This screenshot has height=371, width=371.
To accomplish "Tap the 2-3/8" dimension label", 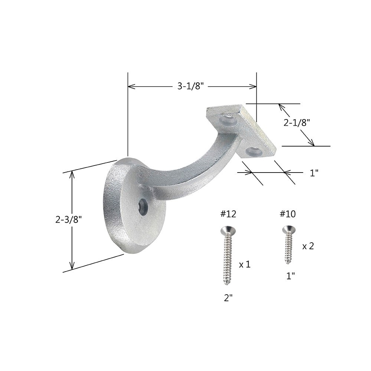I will coord(68,219).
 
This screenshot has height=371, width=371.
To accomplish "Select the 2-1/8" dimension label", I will coord(297,123).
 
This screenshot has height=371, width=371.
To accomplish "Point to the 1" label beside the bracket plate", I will coord(314,173).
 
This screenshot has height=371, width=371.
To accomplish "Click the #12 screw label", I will coord(228,214).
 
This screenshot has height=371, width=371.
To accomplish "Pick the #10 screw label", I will coord(288,214).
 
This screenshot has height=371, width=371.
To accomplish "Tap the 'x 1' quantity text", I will coord(245,264).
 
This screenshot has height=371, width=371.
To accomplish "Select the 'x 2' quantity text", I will coord(308,246).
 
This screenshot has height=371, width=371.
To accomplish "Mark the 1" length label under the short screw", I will coord(290,276).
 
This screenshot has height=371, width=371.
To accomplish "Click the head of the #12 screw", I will coord(227,231).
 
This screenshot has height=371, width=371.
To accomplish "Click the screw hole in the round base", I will coord(143,206).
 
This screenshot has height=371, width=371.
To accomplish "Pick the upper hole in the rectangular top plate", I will coord(227,120).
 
